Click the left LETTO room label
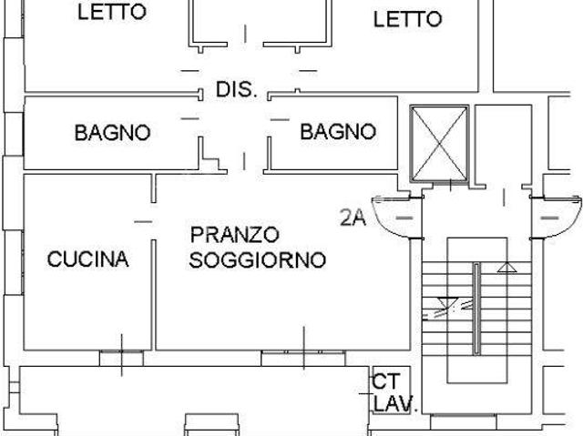(x=111, y=12)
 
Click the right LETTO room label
(x=408, y=18)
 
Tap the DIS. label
(x=237, y=90)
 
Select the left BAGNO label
(x=112, y=133)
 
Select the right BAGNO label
(x=338, y=132)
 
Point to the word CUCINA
(x=87, y=259)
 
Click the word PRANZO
(x=234, y=236)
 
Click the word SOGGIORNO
(x=257, y=260)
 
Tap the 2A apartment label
(x=353, y=218)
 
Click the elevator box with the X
(x=440, y=143)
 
